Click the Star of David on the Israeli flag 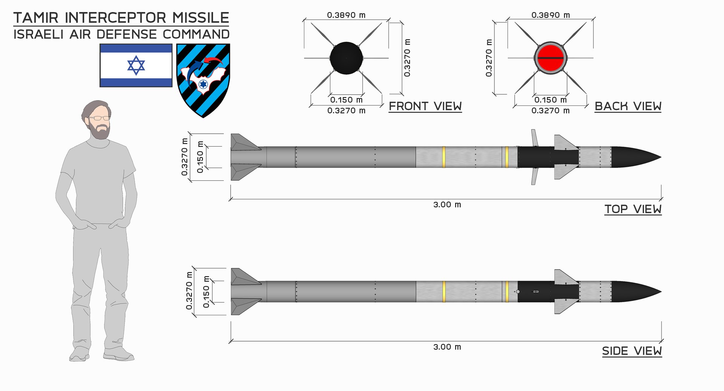click(136, 66)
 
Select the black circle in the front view click(346, 58)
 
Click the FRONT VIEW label click(425, 106)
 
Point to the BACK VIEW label click(628, 106)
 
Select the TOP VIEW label click(633, 209)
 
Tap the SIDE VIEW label click(632, 351)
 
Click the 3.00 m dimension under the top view click(447, 205)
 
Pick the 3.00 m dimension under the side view click(447, 347)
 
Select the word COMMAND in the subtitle click(196, 34)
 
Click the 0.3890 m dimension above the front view click(346, 15)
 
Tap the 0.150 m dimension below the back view click(550, 100)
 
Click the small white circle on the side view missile click(518, 292)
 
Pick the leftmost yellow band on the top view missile click(444, 157)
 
